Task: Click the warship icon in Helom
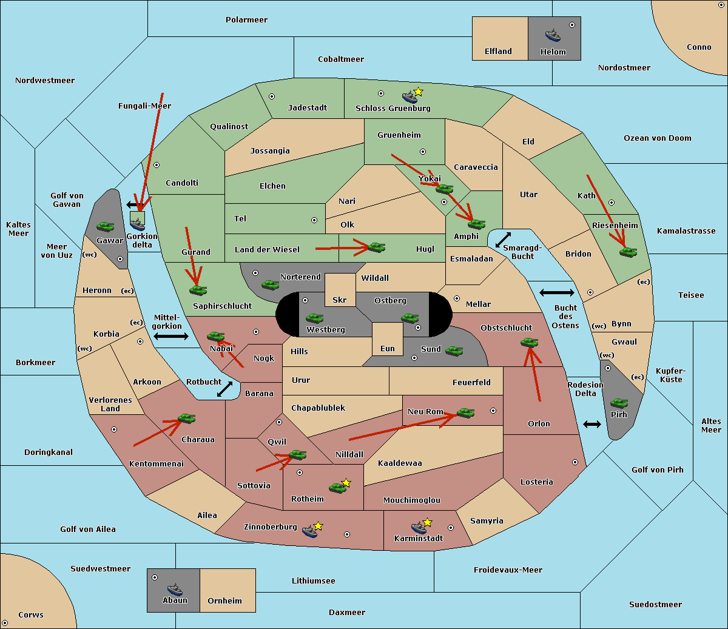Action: pos(553,35)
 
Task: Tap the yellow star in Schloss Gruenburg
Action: pos(418,92)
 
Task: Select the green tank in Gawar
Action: pos(106,227)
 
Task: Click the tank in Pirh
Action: pos(619,403)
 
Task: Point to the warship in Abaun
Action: pos(175,589)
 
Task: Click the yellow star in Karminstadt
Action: pos(427,522)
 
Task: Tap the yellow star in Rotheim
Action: pos(346,482)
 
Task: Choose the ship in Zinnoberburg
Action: pos(310,531)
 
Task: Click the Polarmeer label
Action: pos(246,20)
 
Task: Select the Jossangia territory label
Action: pos(270,151)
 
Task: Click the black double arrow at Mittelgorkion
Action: pos(171,336)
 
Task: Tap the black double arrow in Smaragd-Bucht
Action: pos(503,240)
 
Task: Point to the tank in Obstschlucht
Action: pos(530,342)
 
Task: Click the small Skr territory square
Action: pos(340,290)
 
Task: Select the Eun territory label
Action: pos(388,348)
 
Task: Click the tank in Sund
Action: pos(454,351)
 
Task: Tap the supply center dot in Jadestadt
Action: pos(272,96)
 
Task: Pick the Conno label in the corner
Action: pos(699,47)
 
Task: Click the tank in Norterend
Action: pos(270,284)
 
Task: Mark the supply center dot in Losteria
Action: pos(575,462)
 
